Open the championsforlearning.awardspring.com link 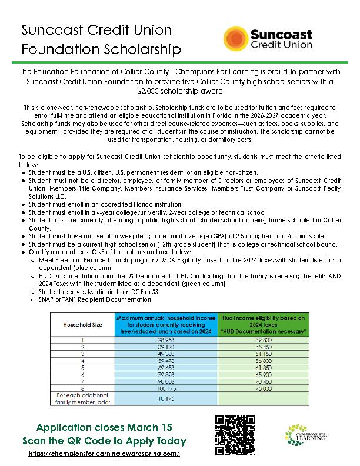[x=104, y=455]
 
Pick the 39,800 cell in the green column [x=262, y=340]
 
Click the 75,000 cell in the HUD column [x=262, y=388]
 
